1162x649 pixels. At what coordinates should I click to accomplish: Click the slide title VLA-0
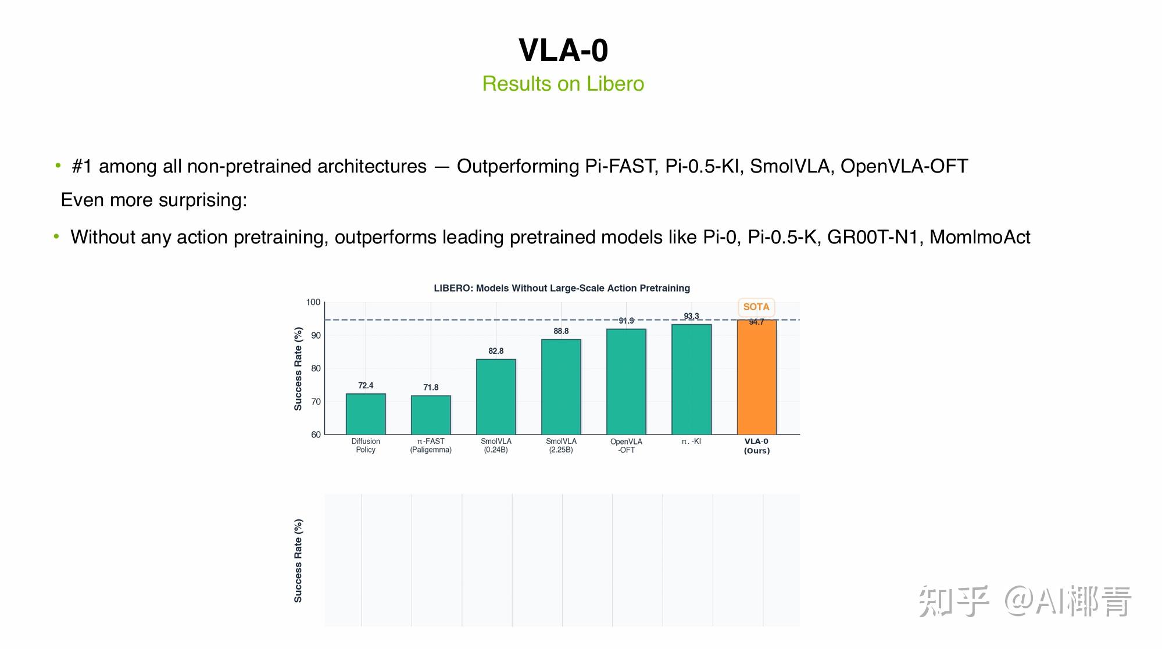pos(563,51)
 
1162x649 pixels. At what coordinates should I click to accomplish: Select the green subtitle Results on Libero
pos(563,84)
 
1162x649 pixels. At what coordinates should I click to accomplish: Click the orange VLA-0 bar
pos(756,377)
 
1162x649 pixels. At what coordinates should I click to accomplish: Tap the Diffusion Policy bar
pos(366,414)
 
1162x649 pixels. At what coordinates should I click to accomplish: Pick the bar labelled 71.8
pos(431,415)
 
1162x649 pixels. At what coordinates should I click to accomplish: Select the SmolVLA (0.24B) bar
pos(496,397)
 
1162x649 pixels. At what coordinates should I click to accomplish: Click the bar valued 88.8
pos(561,387)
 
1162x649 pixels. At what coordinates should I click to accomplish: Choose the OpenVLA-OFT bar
pos(626,382)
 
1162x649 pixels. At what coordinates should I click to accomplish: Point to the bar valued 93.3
pos(691,379)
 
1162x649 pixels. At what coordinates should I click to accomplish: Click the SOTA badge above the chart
pos(756,307)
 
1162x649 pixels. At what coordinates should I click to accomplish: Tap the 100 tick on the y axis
pos(313,302)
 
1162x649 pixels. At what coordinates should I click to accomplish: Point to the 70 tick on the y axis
pos(316,401)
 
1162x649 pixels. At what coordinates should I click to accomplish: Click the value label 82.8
pos(496,351)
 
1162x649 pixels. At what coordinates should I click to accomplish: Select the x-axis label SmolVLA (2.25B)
pos(561,446)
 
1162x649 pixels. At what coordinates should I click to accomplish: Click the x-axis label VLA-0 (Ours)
pos(756,446)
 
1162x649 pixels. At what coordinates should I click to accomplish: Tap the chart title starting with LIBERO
pos(562,288)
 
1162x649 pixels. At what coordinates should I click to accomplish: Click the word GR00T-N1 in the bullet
pos(873,237)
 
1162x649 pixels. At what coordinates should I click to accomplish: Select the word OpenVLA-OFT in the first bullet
pos(904,166)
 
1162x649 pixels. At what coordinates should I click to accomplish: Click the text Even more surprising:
pos(154,200)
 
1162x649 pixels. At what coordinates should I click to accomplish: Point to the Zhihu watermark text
pos(1024,601)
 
